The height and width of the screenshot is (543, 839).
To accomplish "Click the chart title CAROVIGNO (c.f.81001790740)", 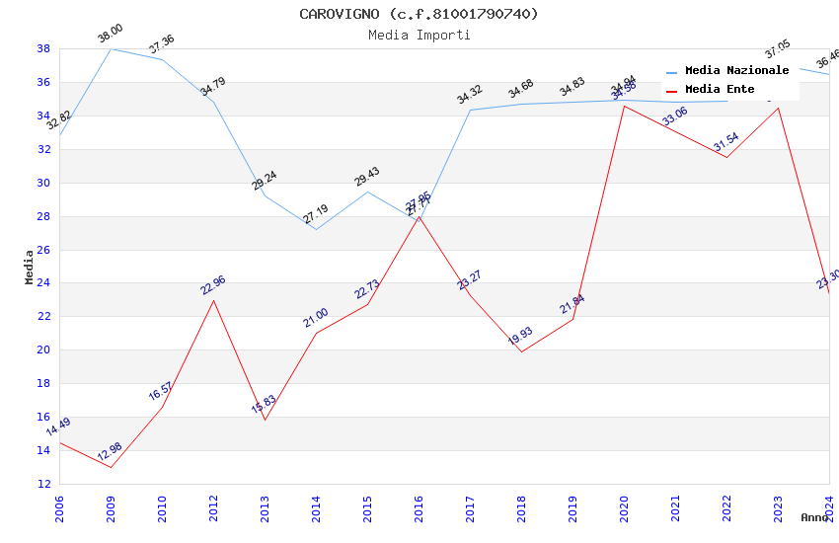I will pos(419,14).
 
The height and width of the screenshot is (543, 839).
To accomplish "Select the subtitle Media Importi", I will pos(419,35).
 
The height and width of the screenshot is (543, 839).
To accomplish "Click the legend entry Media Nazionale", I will pos(736,70).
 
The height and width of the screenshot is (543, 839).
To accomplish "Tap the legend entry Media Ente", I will pos(720,89).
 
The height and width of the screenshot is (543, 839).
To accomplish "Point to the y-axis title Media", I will pos(30,267).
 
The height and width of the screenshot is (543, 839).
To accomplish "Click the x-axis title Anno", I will pos(814,517).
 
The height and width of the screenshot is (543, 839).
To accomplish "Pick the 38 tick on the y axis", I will pos(44,48).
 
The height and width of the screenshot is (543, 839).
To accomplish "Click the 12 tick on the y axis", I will pos(44,484).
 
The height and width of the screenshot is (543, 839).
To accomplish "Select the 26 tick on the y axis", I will pos(44,250).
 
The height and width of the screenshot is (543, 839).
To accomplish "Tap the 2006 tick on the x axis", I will pos(59,507).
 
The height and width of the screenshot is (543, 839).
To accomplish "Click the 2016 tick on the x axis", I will pos(419,507).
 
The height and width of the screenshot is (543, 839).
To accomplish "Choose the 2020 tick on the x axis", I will pos(624,507).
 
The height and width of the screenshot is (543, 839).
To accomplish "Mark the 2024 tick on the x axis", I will pos(829,507).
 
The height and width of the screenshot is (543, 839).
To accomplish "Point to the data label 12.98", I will pos(110,454).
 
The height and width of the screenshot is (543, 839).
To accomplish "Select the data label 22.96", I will pos(213,286).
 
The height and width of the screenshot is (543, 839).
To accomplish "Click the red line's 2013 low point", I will pos(265,420).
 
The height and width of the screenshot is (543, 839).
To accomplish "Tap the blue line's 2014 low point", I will pos(316,229).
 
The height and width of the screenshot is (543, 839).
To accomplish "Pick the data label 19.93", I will pos(521,338).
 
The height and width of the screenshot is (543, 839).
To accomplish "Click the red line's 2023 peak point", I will pos(778,108).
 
